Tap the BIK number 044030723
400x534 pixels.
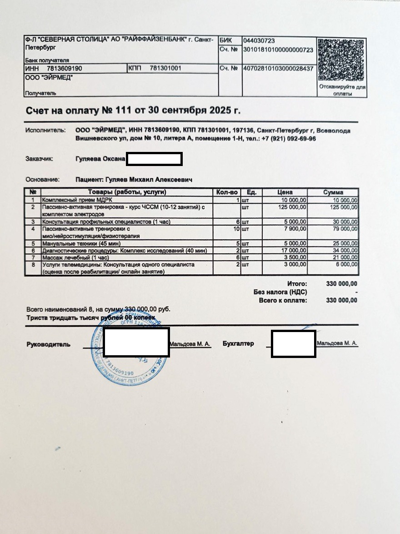point(259,41)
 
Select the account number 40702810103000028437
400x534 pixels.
point(278,69)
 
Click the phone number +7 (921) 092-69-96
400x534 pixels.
point(289,139)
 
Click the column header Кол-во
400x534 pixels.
point(227,192)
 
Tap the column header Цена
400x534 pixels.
point(285,192)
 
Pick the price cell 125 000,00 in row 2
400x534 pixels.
point(292,207)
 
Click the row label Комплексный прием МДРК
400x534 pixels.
point(77,200)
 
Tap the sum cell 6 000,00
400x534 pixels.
point(346,264)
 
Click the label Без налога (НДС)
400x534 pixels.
point(280,292)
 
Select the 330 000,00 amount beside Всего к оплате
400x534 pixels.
point(342,300)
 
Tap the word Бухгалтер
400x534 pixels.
point(238,343)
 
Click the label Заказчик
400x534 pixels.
point(40,159)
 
